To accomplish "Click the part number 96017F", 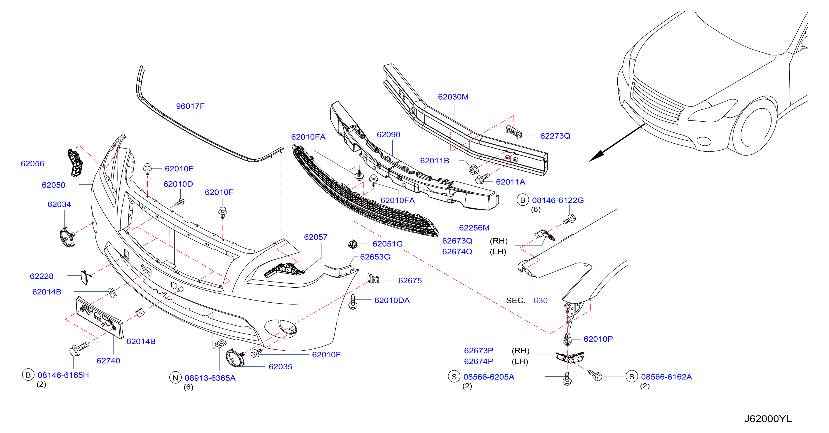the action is (x=190, y=106).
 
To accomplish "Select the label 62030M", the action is (x=453, y=97).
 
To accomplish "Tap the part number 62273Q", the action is (x=555, y=136).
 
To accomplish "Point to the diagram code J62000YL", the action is (x=768, y=418).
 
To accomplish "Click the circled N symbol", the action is (x=175, y=378).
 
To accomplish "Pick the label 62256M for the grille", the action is (x=474, y=228).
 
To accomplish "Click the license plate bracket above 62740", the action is (x=100, y=317).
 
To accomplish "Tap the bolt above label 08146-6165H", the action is (x=79, y=348).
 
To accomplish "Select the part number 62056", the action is (x=32, y=163).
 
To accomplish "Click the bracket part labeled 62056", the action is (x=75, y=163).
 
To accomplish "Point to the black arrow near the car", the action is (x=617, y=142).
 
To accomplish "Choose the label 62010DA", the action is (x=392, y=300).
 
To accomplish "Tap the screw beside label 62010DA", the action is (x=353, y=302).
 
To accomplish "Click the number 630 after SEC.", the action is (x=540, y=301).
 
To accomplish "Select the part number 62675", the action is (x=410, y=280).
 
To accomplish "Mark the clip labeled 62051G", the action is (x=353, y=244).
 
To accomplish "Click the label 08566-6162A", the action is (x=666, y=377).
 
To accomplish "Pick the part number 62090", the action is (x=389, y=135).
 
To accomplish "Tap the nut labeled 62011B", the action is (x=474, y=169).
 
